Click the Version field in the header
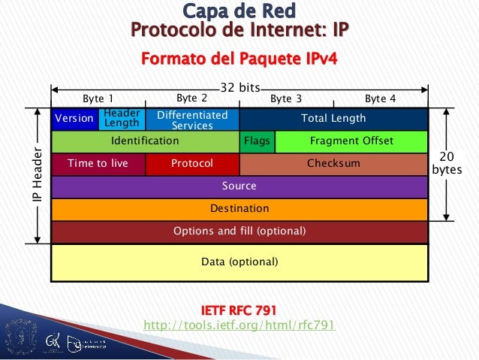coord(74,119)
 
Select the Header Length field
coord(122,119)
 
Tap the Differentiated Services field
coord(191,119)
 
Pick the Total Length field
coord(333,119)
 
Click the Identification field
coord(144,141)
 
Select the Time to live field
coord(98,163)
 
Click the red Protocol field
coord(191,163)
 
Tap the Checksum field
coord(333,163)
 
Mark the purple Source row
coord(239,186)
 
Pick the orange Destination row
coord(239,208)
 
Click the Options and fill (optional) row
coord(239,231)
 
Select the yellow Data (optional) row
coord(239,262)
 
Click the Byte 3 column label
coord(286,98)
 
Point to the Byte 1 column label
coord(98,98)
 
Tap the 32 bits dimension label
coord(239,87)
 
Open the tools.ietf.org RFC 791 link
coord(239,325)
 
